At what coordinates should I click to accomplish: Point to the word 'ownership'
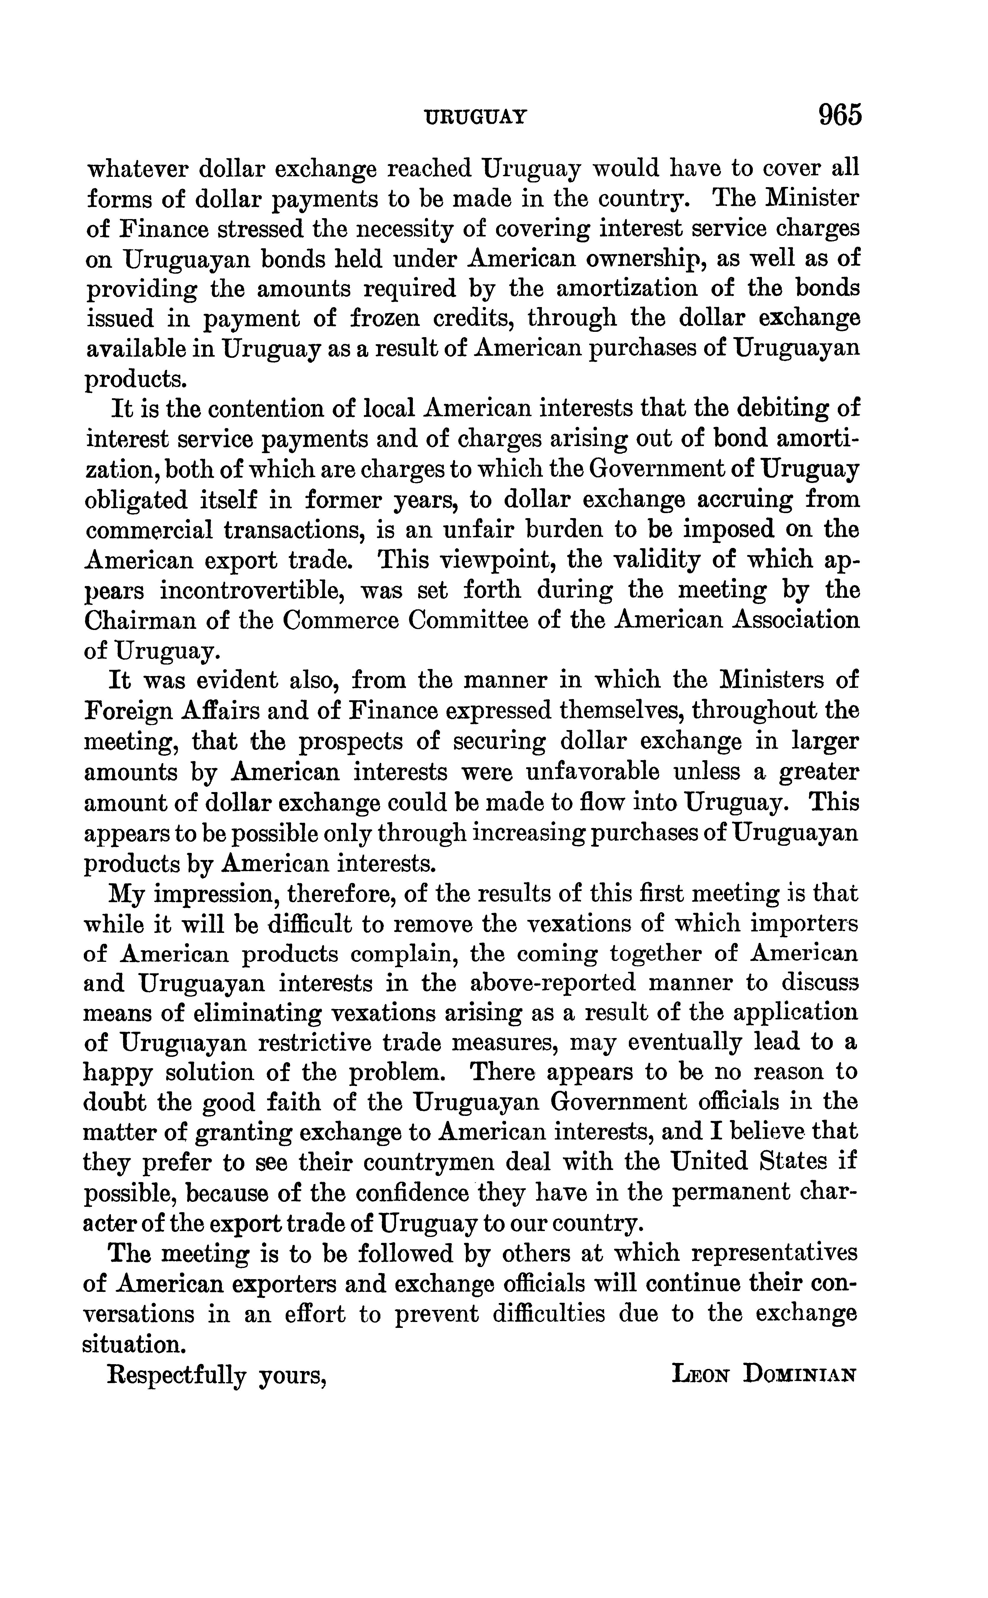point(641,259)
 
